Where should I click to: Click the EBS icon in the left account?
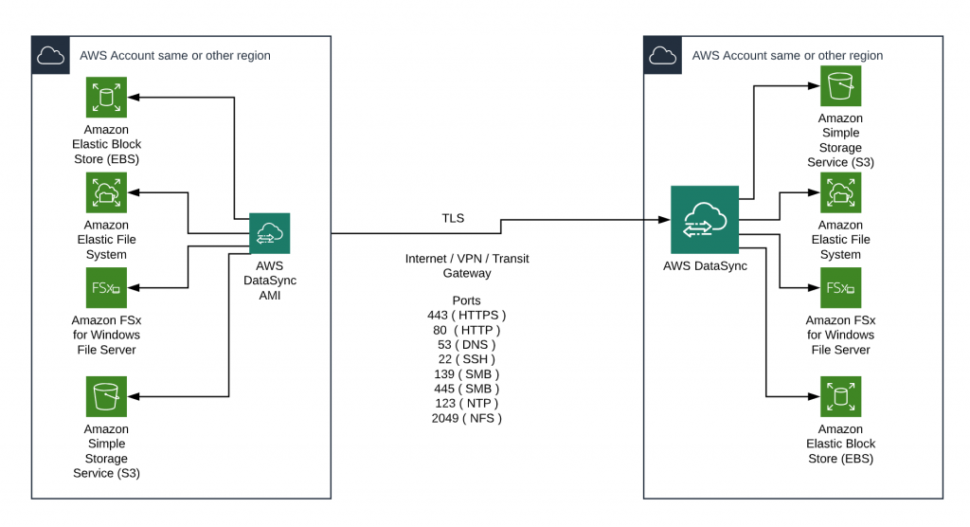[x=106, y=98]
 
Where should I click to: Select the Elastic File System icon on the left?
[x=106, y=192]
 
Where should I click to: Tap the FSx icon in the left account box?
[x=106, y=287]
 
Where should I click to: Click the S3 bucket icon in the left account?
[x=106, y=396]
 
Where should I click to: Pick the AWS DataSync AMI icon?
[x=269, y=233]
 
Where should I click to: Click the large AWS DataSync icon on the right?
[x=704, y=219]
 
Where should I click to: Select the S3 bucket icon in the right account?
[x=840, y=86]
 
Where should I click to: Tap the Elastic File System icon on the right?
[x=840, y=192]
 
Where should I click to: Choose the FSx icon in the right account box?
[x=840, y=287]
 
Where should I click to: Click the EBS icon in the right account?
[x=840, y=396]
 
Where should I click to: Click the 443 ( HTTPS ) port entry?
[x=466, y=315]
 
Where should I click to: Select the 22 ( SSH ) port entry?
[x=466, y=359]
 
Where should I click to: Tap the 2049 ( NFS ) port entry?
[x=466, y=418]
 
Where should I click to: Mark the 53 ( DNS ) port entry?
[x=466, y=344]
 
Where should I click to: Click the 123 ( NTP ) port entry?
[x=466, y=403]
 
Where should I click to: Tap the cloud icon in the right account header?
[x=663, y=55]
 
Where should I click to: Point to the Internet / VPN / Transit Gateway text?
[x=466, y=265]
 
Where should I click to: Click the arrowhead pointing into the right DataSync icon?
[x=664, y=219]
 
